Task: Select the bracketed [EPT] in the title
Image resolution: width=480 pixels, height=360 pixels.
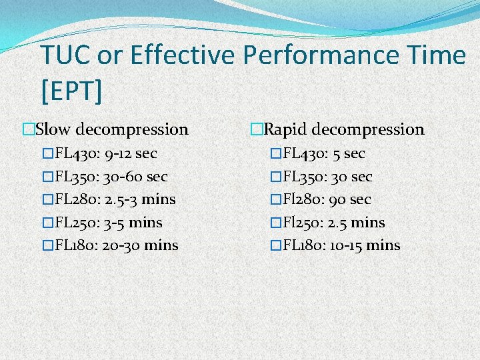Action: [71, 91]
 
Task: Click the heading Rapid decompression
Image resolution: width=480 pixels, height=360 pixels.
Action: [343, 129]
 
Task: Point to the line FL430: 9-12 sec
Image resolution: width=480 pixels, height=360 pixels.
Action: [105, 154]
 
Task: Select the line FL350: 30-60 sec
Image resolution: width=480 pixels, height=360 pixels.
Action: [111, 177]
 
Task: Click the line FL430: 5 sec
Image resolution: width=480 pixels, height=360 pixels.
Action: [323, 154]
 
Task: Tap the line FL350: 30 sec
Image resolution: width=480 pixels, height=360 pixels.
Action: [327, 177]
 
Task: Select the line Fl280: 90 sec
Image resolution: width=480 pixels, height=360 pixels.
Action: [327, 199]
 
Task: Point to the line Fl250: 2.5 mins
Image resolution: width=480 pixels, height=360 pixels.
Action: [333, 222]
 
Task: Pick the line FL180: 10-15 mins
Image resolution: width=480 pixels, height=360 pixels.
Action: [341, 245]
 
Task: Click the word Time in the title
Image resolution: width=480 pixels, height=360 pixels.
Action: [434, 55]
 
